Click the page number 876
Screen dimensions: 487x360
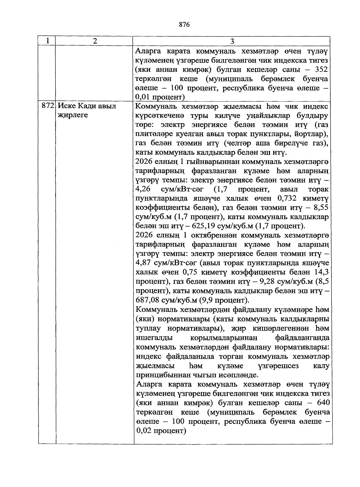184,25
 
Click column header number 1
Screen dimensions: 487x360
47,41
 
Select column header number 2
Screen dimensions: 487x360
95,41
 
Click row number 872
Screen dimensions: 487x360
48,106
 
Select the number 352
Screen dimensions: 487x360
322,70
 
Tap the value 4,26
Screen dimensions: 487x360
143,189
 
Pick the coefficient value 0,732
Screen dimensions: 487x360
287,198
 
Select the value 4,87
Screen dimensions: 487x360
143,263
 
